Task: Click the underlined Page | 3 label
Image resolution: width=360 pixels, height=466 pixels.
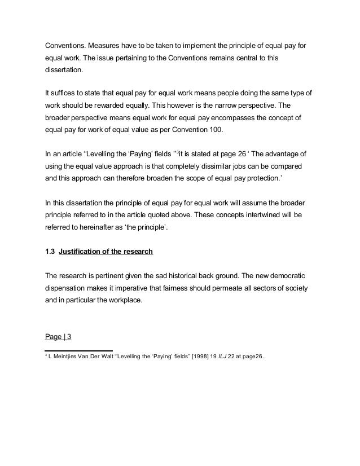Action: pos(58,337)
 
